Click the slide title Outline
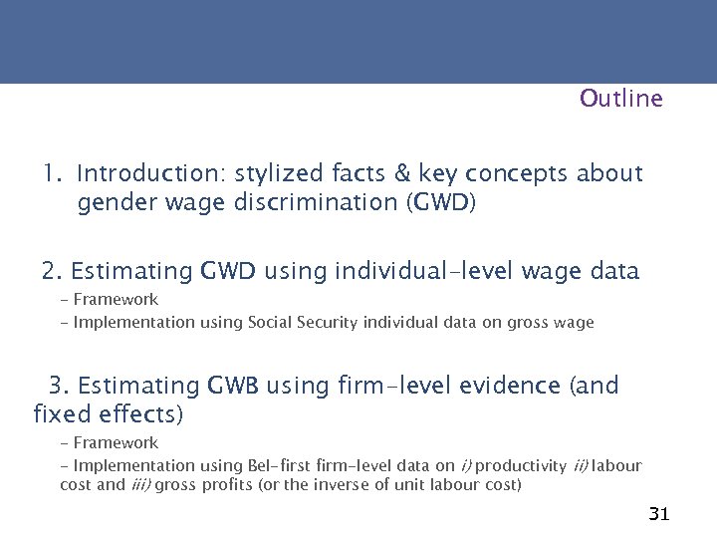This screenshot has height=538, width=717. (x=620, y=99)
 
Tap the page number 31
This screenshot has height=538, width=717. (x=658, y=514)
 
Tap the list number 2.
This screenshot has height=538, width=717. (x=52, y=270)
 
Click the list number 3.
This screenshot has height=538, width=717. (x=59, y=385)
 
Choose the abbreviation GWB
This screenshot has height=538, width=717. (x=232, y=385)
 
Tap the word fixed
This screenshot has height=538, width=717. (x=63, y=411)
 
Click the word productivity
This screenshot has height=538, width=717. (x=516, y=465)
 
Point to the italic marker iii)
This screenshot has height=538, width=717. (x=140, y=484)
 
